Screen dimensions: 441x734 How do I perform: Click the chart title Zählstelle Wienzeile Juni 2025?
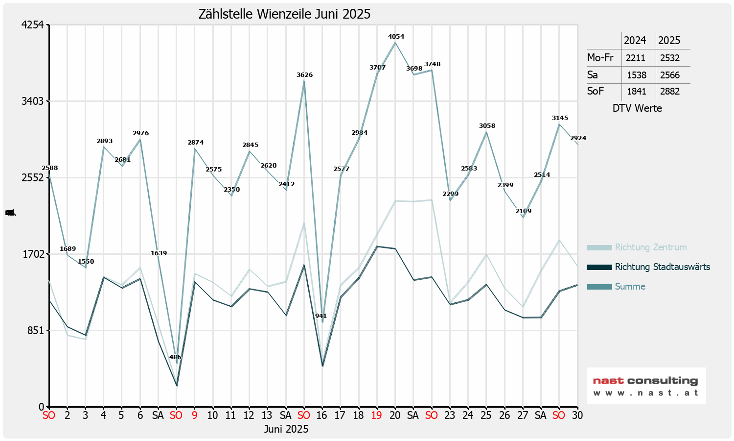[284, 14]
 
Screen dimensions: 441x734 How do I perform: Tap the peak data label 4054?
[396, 37]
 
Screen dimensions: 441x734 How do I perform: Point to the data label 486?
[175, 357]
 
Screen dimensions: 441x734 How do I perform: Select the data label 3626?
[304, 75]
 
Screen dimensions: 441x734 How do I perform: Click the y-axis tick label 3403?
[33, 101]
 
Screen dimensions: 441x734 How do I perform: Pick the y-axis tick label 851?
[35, 331]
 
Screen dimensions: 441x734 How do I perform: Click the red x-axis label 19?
[376, 416]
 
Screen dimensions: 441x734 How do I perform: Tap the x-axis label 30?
[577, 416]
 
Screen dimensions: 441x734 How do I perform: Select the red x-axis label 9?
[195, 416]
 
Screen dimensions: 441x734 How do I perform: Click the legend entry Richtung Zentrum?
[651, 247]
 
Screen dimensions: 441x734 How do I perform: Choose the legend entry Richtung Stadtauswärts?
[662, 267]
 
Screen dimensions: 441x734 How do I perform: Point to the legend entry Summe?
[630, 287]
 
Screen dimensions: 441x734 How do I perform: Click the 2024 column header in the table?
[635, 41]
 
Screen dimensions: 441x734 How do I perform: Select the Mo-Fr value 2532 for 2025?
[670, 58]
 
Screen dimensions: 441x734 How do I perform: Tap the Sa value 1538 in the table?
[637, 75]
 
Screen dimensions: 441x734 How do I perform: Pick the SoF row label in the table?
[596, 91]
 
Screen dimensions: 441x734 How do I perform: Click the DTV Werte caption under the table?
[637, 108]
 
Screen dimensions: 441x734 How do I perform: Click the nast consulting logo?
[646, 386]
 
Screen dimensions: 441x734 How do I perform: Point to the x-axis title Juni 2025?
[286, 429]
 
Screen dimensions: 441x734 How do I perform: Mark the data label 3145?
[560, 118]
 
